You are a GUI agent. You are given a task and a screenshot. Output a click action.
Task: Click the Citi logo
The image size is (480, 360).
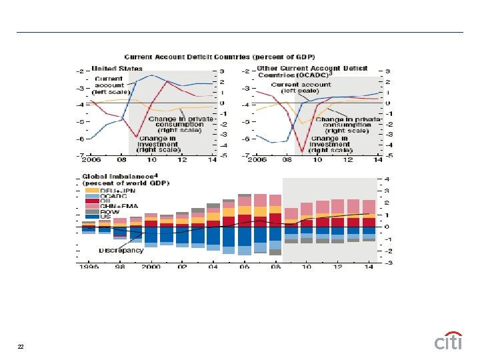click(x=448, y=341)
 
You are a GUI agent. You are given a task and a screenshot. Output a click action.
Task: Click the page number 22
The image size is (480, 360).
click(x=21, y=346)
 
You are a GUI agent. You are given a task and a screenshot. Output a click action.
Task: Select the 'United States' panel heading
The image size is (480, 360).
click(x=117, y=68)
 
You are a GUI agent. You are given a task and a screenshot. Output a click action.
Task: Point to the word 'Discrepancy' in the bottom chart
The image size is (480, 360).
click(x=121, y=250)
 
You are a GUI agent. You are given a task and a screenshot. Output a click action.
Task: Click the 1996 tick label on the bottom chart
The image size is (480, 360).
click(x=91, y=267)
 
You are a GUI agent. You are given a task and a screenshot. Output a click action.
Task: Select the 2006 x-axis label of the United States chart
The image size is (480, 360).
click(x=91, y=161)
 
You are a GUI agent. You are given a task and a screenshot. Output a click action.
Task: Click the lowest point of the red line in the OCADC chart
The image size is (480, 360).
click(x=302, y=151)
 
